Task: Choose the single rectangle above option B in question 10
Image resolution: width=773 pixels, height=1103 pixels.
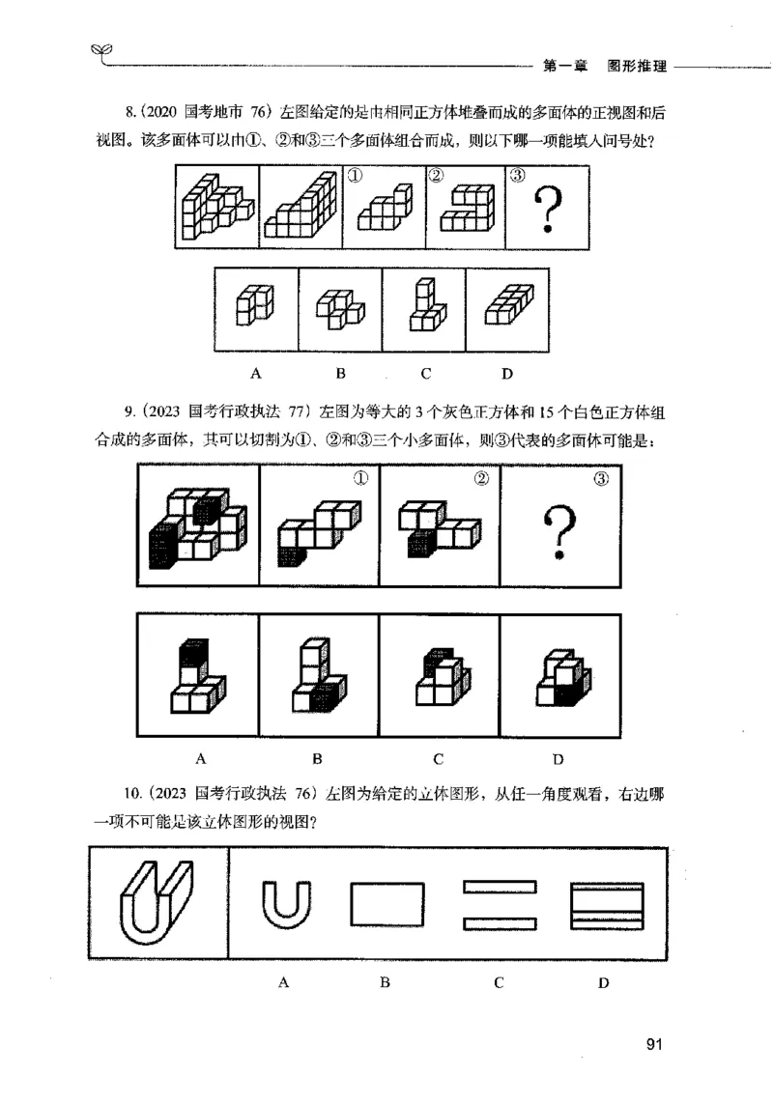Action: pyautogui.click(x=386, y=906)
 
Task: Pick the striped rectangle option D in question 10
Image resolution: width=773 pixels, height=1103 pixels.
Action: pyautogui.click(x=606, y=906)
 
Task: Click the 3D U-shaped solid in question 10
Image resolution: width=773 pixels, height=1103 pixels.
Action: pyautogui.click(x=157, y=904)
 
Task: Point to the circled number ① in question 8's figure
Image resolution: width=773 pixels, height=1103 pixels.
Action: pyautogui.click(x=355, y=177)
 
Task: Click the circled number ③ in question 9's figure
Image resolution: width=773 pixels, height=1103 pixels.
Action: pyautogui.click(x=599, y=479)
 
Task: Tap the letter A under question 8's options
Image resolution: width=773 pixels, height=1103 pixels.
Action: pyautogui.click(x=257, y=372)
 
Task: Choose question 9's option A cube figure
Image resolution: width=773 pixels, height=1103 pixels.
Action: pyautogui.click(x=197, y=677)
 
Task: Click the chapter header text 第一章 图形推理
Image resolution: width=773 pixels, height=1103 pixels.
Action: pyautogui.click(x=604, y=67)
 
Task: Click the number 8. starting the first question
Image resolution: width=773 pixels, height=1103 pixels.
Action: pyautogui.click(x=120, y=113)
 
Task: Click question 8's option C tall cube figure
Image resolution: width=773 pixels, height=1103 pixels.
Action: pyautogui.click(x=423, y=305)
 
